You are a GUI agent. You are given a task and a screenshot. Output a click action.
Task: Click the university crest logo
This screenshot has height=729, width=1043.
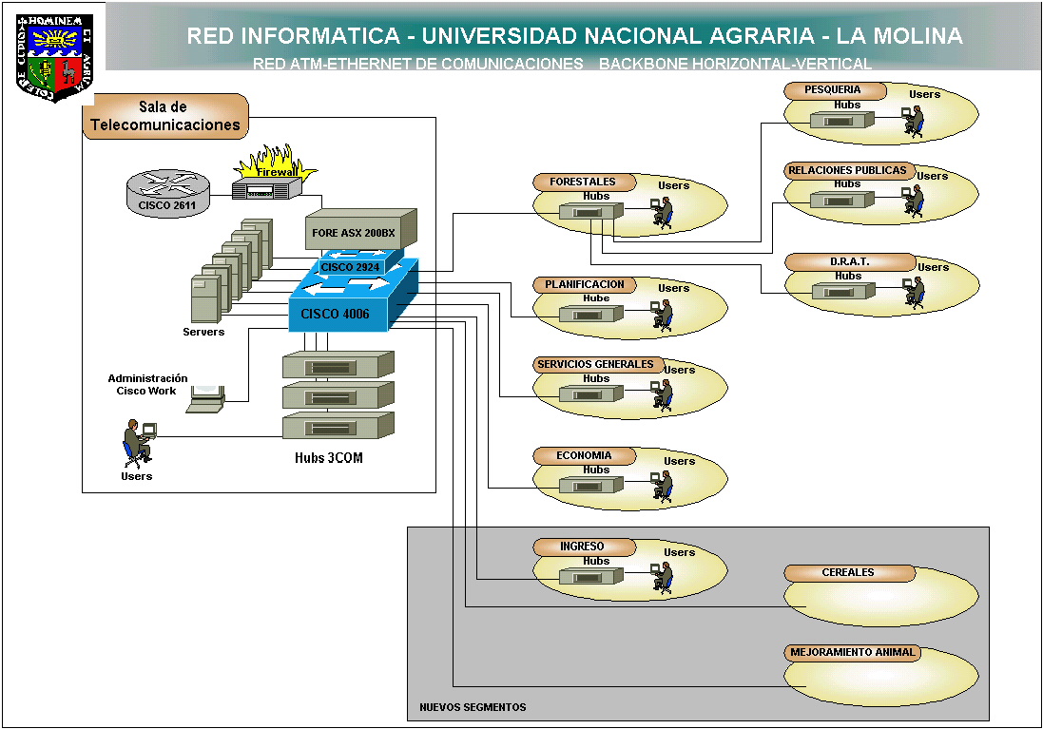[x=55, y=57]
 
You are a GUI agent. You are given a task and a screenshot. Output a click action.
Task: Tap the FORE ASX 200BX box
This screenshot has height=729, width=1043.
[x=360, y=232]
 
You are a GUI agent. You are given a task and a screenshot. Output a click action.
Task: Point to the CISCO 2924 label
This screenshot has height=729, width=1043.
[x=350, y=267]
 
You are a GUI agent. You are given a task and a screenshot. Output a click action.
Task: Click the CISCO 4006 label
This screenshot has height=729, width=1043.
[x=335, y=314]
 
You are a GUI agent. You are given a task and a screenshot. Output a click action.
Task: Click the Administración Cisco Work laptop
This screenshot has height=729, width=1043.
[x=205, y=400]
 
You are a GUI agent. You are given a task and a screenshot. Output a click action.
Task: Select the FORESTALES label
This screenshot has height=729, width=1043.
[x=583, y=182]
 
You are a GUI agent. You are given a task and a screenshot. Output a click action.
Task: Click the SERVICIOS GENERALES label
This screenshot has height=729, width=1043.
[x=595, y=364]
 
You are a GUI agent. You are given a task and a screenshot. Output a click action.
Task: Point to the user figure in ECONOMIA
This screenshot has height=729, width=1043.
[x=662, y=486]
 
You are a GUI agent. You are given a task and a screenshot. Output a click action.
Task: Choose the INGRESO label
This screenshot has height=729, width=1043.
[x=582, y=547]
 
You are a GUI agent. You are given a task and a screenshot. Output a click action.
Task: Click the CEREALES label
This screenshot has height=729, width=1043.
[x=848, y=573]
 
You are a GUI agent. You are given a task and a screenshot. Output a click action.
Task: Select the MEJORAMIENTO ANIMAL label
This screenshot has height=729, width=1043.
[x=852, y=653]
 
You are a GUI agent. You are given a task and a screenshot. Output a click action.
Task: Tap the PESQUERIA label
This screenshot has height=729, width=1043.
[x=833, y=90]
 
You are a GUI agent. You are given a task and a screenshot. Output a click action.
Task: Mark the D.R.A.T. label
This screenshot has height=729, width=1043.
[x=849, y=261]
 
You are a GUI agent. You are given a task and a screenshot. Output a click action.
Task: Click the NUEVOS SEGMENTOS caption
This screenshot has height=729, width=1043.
[x=473, y=707]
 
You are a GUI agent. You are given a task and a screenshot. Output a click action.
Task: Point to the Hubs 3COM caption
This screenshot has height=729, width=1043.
[x=328, y=459]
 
